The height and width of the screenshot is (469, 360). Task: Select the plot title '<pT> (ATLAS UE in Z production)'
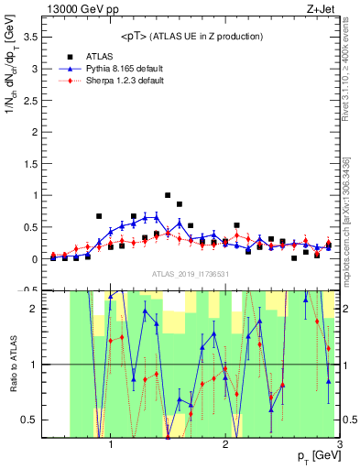click(191, 36)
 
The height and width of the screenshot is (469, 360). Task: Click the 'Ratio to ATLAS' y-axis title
click(12, 365)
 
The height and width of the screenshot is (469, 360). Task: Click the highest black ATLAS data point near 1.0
click(168, 195)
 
